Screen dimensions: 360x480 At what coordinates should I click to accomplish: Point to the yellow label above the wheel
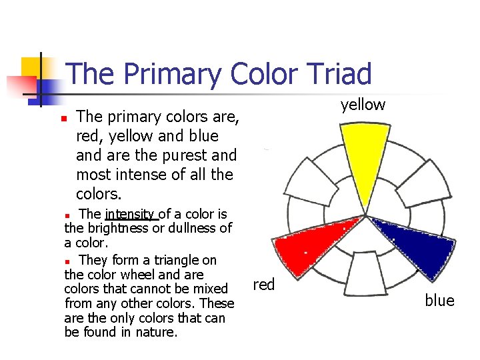(363, 105)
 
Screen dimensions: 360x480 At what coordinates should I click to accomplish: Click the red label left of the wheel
(264, 285)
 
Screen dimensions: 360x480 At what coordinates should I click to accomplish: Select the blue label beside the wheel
(439, 301)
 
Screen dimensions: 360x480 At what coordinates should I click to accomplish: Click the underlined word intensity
(131, 214)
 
